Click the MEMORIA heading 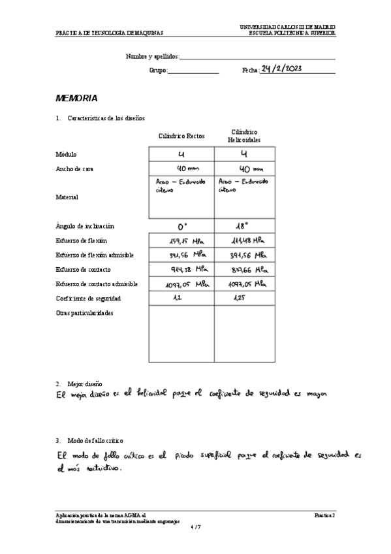[76, 99]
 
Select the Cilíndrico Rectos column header [181, 136]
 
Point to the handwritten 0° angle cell [182, 227]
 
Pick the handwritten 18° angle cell [243, 227]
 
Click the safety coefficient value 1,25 [240, 297]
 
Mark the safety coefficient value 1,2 [177, 297]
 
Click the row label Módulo [67, 154]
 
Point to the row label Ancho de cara [75, 169]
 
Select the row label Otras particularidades [85, 313]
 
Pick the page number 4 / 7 [195, 527]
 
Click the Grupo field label [158, 70]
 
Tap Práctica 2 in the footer [324, 515]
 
